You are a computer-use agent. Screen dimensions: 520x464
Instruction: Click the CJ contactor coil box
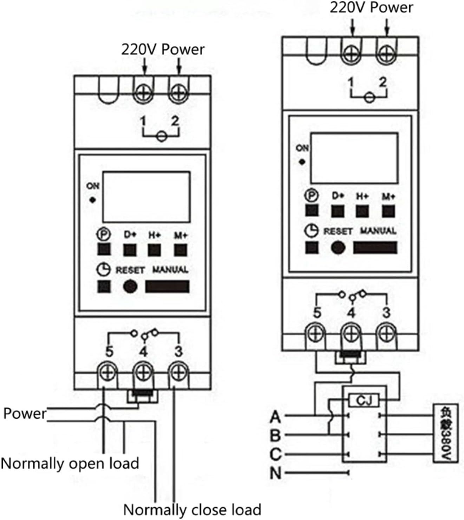pyautogui.click(x=364, y=400)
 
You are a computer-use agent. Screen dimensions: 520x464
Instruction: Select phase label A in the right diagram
pyautogui.click(x=276, y=417)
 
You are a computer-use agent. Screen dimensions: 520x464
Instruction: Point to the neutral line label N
pyautogui.click(x=276, y=473)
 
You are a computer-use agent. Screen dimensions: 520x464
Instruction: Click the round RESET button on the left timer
pyautogui.click(x=130, y=286)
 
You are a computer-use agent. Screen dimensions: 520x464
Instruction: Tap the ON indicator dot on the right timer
pyautogui.click(x=302, y=162)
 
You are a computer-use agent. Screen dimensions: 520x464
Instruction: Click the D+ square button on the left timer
pyautogui.click(x=130, y=250)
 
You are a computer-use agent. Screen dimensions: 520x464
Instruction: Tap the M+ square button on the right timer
pyautogui.click(x=388, y=211)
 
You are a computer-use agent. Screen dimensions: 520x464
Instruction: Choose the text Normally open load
pyautogui.click(x=70, y=463)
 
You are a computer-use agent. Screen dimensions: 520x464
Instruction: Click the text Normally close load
pyautogui.click(x=192, y=509)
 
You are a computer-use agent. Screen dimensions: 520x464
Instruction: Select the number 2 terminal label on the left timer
pyautogui.click(x=175, y=121)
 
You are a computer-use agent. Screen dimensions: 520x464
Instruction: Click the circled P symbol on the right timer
pyautogui.click(x=311, y=196)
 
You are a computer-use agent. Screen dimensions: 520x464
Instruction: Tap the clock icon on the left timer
pyautogui.click(x=103, y=270)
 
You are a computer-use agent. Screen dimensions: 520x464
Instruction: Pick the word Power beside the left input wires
pyautogui.click(x=25, y=414)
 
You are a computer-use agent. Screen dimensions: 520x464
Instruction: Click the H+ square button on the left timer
pyautogui.click(x=154, y=250)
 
